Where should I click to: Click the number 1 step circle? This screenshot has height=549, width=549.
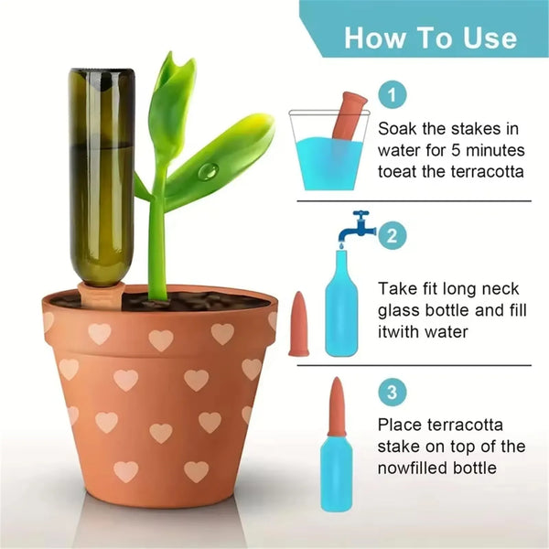[393, 95]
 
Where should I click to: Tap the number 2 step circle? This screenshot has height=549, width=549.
[393, 235]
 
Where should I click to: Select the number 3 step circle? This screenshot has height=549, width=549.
[393, 393]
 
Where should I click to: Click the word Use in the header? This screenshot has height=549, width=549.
[490, 38]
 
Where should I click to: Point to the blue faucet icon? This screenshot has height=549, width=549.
[357, 227]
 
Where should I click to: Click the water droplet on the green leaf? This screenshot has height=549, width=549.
[209, 171]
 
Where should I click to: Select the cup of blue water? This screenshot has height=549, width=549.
[329, 151]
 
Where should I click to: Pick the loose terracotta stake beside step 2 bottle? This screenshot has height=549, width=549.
[298, 324]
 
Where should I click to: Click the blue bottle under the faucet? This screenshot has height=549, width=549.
[341, 303]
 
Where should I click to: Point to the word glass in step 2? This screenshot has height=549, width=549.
[397, 311]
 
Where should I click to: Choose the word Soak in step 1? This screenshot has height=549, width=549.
[397, 129]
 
